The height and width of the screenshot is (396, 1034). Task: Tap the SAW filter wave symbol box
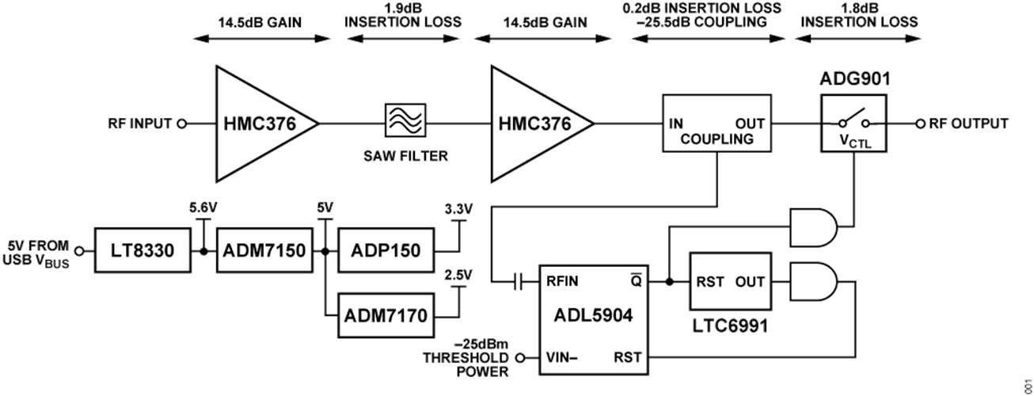(405, 123)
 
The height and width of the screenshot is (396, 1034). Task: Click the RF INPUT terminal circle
(181, 124)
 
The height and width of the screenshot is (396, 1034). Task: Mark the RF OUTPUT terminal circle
(921, 124)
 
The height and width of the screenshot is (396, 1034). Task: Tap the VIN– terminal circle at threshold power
(520, 358)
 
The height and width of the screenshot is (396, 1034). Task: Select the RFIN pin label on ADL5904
(561, 281)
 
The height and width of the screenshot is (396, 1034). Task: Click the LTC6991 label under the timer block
(728, 325)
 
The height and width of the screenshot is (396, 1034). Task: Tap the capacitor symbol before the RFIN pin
(516, 281)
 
